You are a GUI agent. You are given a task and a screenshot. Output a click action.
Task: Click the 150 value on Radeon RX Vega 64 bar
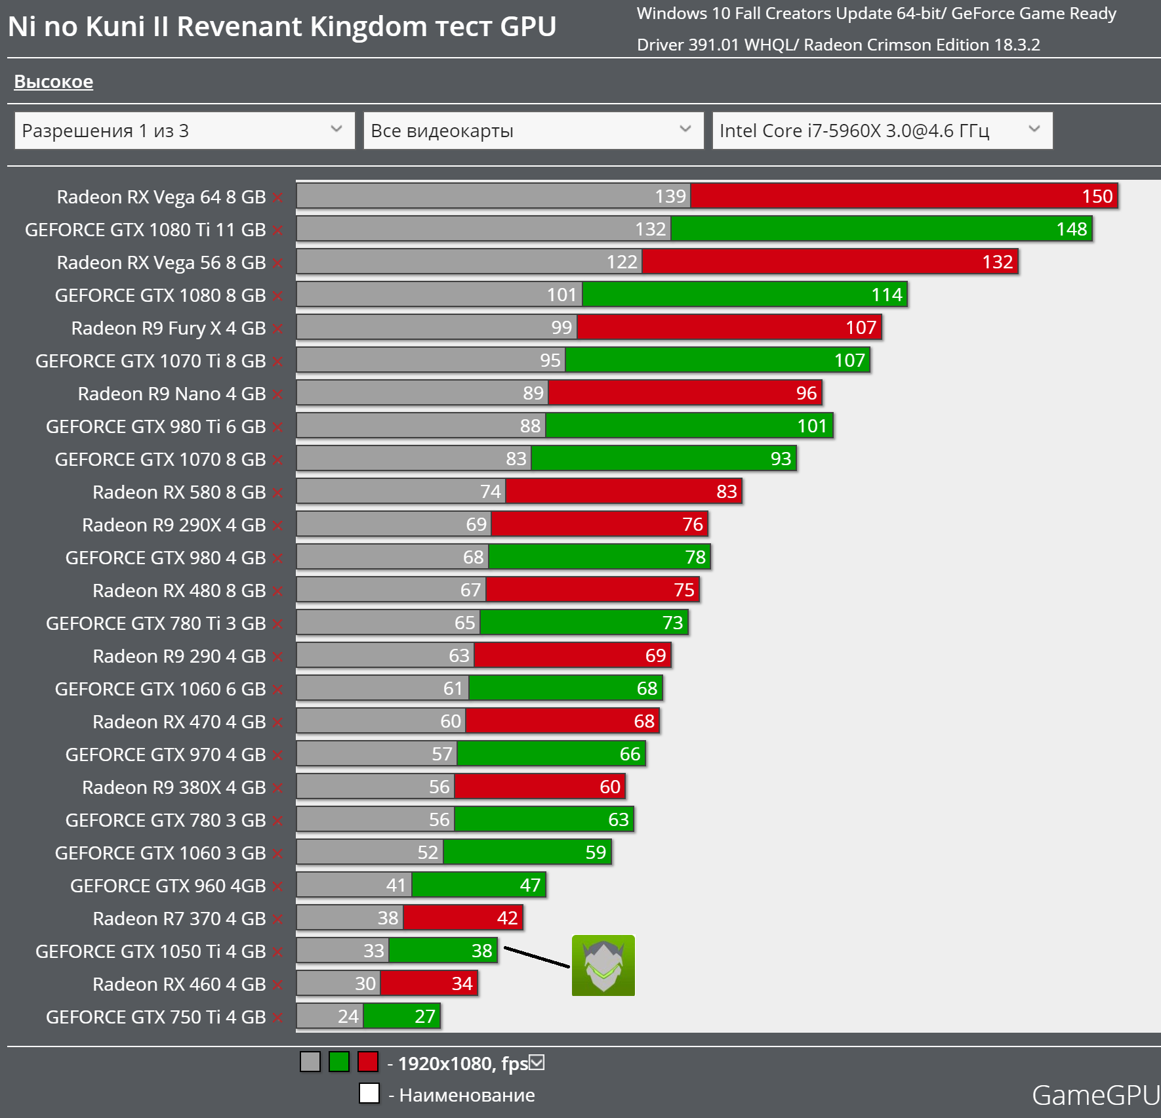1097,196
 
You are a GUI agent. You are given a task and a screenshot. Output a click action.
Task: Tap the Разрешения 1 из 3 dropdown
184,131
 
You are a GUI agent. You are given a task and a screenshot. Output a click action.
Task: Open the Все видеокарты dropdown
533,131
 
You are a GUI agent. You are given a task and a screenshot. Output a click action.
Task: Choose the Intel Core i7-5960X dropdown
882,131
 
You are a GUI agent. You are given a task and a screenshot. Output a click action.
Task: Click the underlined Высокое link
54,81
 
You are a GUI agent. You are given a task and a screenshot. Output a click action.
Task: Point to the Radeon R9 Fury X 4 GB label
168,327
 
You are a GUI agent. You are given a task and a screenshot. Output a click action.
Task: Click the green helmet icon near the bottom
603,965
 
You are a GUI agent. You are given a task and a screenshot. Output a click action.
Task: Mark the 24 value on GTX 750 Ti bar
348,1016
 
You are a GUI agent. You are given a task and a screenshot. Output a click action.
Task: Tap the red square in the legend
368,1062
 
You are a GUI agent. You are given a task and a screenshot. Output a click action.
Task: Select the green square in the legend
339,1062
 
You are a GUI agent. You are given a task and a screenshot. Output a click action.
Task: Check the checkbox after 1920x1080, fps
537,1062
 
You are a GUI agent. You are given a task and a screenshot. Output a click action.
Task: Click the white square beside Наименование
369,1093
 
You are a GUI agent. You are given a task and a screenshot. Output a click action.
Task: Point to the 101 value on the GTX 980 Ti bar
811,426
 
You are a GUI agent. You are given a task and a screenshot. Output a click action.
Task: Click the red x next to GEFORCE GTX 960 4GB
277,886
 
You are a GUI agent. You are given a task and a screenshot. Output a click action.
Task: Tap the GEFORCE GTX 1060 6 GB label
160,688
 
